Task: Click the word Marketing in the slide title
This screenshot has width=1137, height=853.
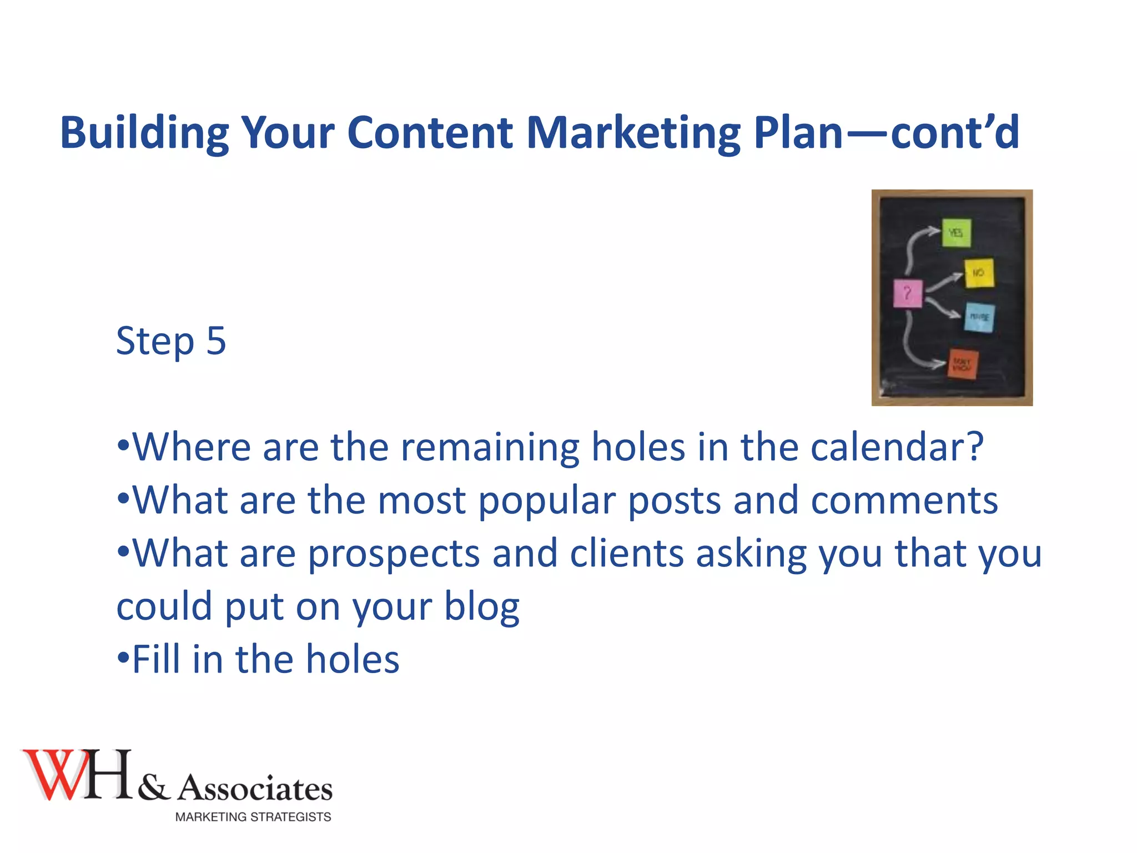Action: coord(633,133)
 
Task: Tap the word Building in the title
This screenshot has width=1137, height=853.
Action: coord(144,133)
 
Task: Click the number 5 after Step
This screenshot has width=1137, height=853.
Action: coord(216,340)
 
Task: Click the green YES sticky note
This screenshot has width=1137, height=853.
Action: coord(956,233)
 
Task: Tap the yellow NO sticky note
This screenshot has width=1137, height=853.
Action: coord(979,273)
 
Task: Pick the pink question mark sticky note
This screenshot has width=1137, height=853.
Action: coord(907,293)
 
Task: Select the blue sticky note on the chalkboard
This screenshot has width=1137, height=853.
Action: coord(979,317)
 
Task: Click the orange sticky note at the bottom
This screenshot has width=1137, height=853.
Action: coord(962,364)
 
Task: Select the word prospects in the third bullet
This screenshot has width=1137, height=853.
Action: coord(394,554)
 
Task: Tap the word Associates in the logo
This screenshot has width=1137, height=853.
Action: coord(255,789)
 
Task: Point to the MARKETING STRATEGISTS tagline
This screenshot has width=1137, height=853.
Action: coord(253,817)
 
